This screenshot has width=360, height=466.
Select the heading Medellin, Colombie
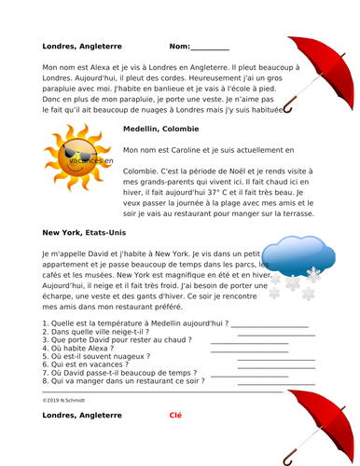pos(160,130)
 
